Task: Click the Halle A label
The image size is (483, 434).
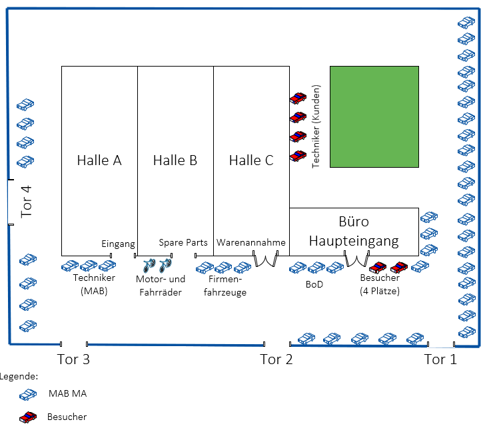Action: [99, 160]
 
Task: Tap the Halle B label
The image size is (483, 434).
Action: [175, 160]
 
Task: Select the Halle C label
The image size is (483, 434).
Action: [251, 160]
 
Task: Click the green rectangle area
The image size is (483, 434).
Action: [374, 116]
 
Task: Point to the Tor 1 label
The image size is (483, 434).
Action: [441, 360]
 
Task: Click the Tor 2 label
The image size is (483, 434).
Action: [276, 360]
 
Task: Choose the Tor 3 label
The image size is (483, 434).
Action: [74, 360]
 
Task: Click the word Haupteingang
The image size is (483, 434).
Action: [354, 240]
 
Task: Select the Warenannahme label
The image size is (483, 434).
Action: [251, 243]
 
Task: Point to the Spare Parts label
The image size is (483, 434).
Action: [183, 243]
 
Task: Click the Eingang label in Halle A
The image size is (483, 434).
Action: [119, 244]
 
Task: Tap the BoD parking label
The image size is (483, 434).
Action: [314, 284]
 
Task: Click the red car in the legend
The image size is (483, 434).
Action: [28, 417]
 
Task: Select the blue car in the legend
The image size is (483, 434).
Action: [28, 394]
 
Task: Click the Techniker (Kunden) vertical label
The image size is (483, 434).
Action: [316, 126]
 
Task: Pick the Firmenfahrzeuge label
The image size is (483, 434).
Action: [223, 286]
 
